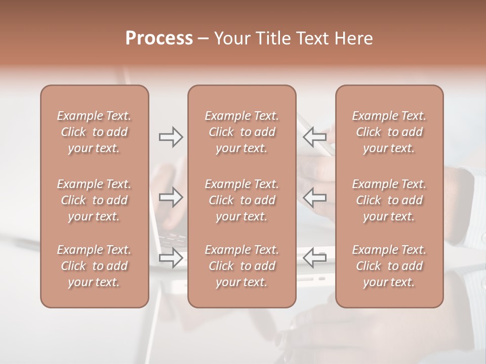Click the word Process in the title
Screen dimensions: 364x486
159,38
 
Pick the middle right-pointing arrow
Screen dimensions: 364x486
171,197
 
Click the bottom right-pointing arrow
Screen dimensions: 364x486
171,258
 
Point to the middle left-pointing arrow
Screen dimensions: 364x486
315,197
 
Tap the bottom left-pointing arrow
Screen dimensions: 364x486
315,258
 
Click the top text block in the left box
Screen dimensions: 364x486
94,132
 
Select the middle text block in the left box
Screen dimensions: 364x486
94,200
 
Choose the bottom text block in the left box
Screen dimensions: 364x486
94,266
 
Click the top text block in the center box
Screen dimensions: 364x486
242,132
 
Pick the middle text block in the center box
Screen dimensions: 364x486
242,200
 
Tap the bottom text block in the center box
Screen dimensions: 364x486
242,266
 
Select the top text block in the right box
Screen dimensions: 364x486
389,132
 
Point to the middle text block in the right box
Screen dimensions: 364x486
389,200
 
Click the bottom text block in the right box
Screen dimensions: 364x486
389,266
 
